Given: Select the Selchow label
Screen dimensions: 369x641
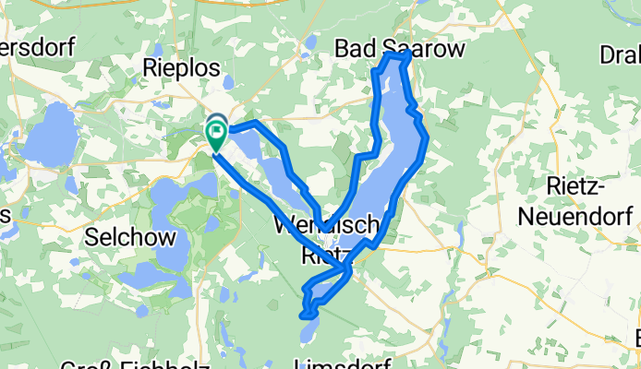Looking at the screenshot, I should pyautogui.click(x=130, y=237).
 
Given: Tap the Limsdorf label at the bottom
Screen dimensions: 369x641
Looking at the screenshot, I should pyautogui.click(x=339, y=363).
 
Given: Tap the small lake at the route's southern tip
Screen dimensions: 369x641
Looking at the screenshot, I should pyautogui.click(x=308, y=328).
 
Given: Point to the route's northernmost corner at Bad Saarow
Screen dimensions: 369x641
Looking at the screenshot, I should pyautogui.click(x=406, y=55).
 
